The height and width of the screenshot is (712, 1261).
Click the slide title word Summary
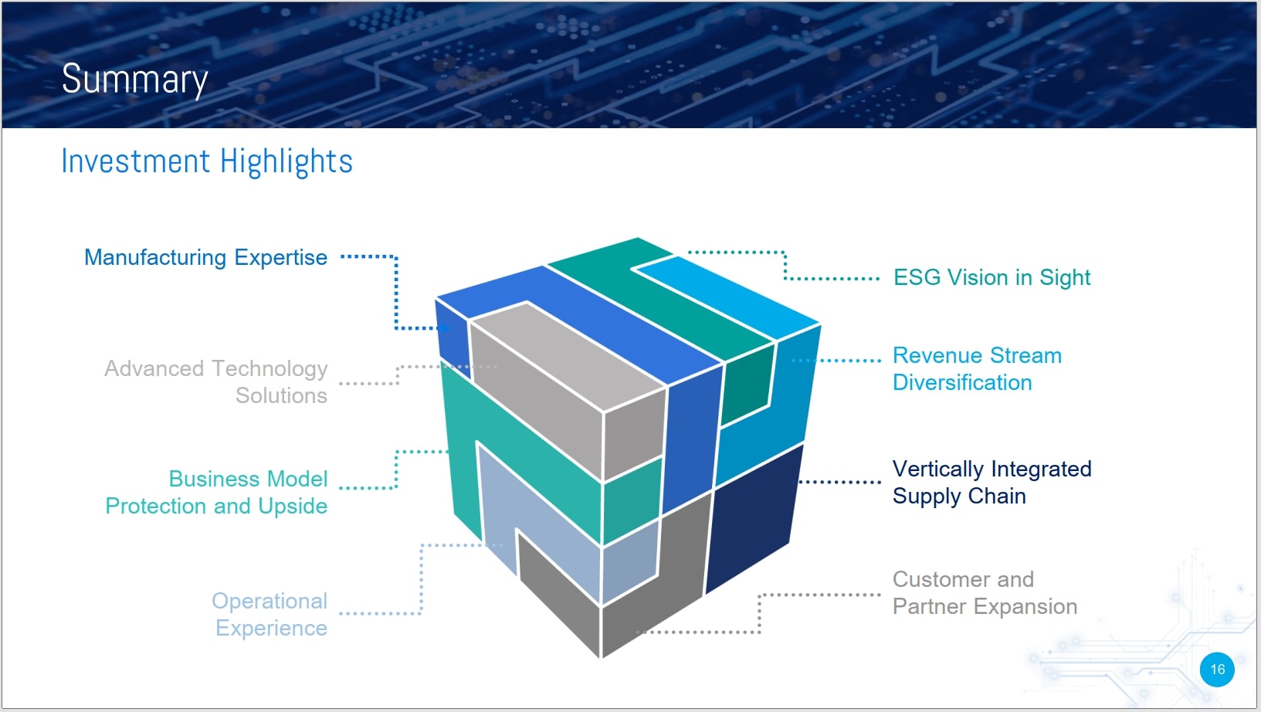134,79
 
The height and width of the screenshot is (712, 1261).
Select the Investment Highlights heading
206,161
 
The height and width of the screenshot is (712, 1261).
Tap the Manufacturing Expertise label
205,257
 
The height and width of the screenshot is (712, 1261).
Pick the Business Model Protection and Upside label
217,492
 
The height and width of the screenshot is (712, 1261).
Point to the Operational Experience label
269,614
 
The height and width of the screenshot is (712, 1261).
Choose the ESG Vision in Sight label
992,277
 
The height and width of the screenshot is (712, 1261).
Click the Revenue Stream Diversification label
977,368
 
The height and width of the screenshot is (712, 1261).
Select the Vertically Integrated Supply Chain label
992,482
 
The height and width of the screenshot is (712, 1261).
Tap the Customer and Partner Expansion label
984,592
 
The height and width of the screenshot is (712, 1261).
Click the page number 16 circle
1217,670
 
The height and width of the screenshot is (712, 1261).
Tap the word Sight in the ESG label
1065,277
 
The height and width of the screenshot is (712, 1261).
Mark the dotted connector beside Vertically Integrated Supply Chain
840,482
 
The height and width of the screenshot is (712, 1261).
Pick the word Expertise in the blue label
280,257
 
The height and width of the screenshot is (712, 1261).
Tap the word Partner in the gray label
929,606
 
